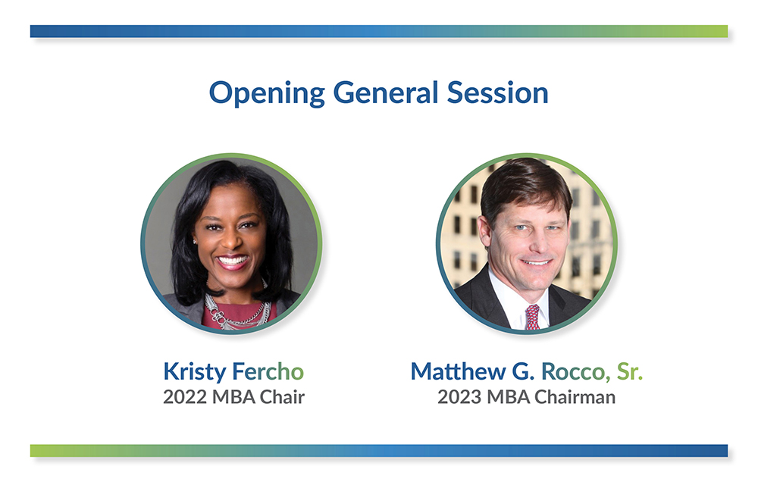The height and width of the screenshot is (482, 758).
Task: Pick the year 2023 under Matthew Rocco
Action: tap(461, 396)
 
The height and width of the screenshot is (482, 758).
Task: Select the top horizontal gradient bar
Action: tap(379, 31)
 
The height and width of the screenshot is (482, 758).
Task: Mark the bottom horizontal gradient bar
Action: tap(379, 450)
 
